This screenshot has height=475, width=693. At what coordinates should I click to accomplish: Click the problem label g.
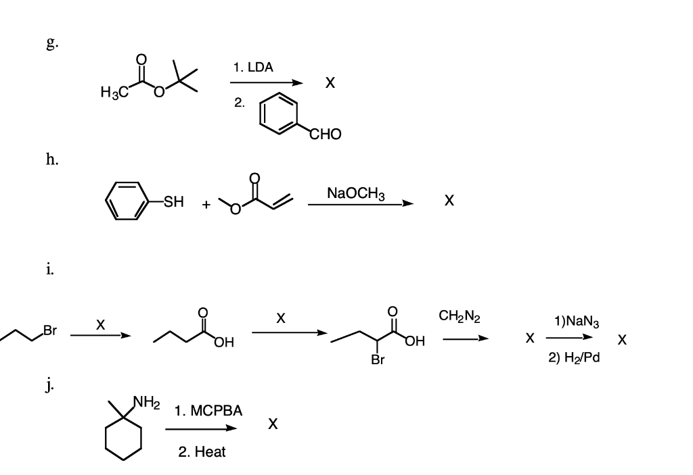[x=52, y=43]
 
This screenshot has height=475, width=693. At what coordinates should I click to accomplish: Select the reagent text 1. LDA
[x=253, y=68]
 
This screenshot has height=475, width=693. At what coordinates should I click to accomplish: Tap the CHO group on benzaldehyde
[x=326, y=134]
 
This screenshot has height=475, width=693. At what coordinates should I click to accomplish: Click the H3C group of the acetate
[x=114, y=92]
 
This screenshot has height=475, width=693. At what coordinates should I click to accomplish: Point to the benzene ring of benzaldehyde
[x=278, y=113]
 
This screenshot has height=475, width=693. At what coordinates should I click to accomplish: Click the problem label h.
[x=52, y=159]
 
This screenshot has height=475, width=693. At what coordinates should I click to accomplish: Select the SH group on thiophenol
[x=173, y=202]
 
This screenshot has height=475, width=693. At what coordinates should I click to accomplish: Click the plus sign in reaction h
[x=206, y=205]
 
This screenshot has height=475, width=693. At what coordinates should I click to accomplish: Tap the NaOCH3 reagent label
[x=356, y=193]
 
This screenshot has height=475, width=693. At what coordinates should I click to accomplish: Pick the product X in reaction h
[x=449, y=201]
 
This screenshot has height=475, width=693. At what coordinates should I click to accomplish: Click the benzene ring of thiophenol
[x=127, y=201]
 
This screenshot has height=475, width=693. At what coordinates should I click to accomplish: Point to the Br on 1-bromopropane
[x=50, y=330]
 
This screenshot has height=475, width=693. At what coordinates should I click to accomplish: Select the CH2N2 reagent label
[x=460, y=316]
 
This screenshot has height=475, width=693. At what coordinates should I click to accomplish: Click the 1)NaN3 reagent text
[x=577, y=321]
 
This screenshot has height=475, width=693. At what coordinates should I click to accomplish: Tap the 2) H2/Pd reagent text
[x=574, y=357]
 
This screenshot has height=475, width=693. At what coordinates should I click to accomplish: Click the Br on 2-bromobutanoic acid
[x=378, y=359]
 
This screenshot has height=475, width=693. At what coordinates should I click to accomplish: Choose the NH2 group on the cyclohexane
[x=147, y=402]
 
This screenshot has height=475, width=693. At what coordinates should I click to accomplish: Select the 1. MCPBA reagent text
[x=208, y=411]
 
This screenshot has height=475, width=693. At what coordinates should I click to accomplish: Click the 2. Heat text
[x=202, y=452]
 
